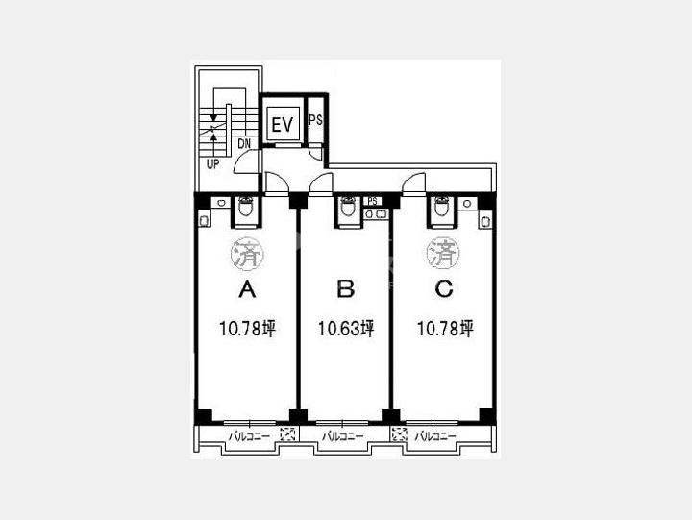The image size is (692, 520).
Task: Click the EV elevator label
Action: point(282,125)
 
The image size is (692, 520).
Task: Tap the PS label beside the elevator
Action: point(315,120)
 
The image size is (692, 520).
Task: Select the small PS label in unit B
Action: point(372,201)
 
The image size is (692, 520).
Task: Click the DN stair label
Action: point(244,144)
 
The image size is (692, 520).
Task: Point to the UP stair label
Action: point(213,164)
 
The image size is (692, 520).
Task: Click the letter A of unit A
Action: point(247,289)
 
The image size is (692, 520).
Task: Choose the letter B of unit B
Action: point(346,289)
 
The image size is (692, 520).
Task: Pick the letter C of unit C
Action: point(444,289)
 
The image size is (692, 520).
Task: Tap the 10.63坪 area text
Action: point(346,329)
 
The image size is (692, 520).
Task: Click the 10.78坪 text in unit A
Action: point(248,329)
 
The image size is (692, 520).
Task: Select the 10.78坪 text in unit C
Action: point(445,329)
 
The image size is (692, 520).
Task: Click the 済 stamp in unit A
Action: point(247,254)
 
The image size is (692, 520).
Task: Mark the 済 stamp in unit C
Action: point(443,254)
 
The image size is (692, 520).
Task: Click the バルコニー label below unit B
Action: point(343,436)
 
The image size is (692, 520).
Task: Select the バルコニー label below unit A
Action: point(249,436)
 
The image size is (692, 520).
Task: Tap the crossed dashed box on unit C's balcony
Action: point(399,435)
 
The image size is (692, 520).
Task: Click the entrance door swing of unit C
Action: point(414,184)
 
